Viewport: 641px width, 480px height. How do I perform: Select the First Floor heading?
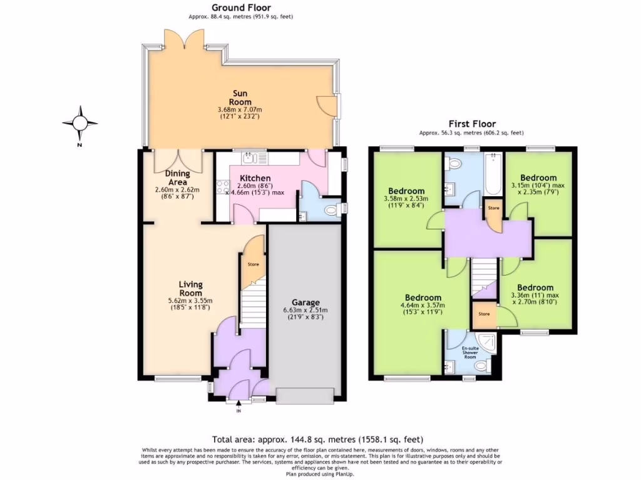472,124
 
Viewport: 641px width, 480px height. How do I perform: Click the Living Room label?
191,289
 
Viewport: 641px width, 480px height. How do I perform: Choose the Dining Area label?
177,177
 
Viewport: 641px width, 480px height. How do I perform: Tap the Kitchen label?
255,178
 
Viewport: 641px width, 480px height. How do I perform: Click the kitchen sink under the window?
253,157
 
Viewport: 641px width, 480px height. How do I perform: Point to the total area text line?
320,439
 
